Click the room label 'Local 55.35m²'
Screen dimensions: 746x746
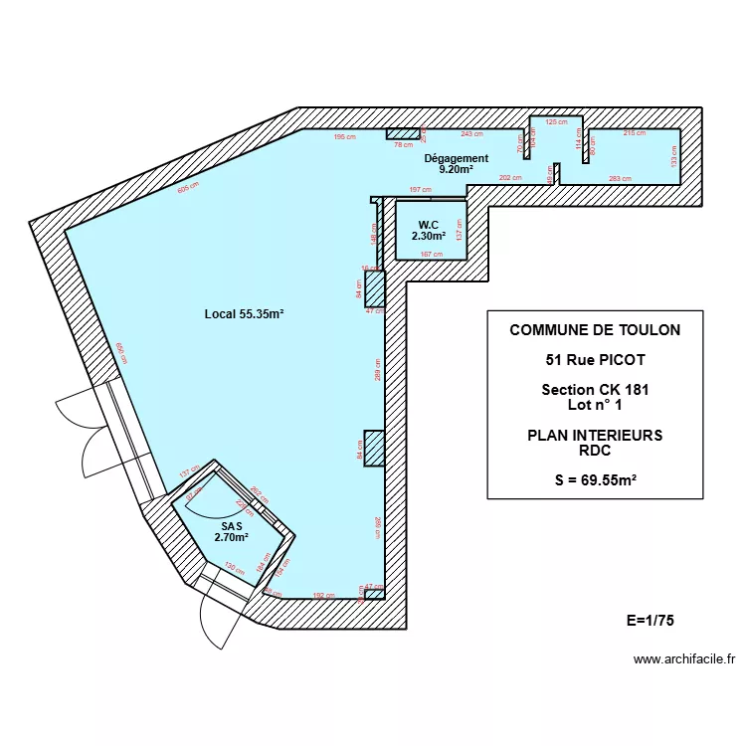(x=244, y=314)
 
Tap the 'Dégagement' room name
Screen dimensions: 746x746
(x=457, y=158)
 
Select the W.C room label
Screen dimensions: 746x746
(x=429, y=225)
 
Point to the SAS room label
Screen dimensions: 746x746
(x=231, y=526)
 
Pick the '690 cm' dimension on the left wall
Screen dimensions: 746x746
(x=121, y=353)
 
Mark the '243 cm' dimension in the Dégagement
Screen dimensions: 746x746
(x=471, y=133)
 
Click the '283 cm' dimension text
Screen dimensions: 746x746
(x=619, y=179)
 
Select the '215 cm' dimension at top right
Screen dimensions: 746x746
(x=634, y=133)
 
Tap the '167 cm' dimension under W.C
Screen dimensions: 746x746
(x=431, y=255)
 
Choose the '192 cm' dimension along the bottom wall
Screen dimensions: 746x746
(x=323, y=595)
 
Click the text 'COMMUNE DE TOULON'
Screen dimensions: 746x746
(x=581, y=330)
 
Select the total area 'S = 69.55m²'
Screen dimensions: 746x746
(x=595, y=480)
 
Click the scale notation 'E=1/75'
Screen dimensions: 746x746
(x=651, y=620)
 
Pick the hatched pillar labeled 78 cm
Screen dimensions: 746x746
(x=403, y=134)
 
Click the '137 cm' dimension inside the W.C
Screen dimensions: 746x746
(x=459, y=230)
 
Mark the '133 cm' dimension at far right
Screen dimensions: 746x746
(x=673, y=156)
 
